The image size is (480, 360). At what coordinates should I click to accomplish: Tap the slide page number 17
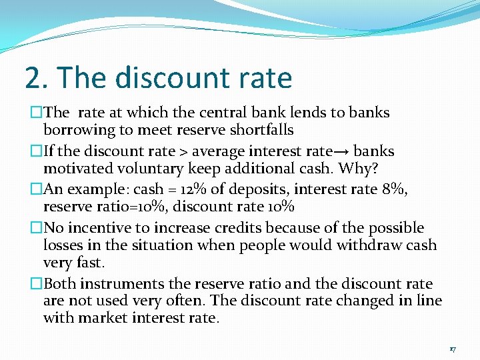(452, 349)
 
